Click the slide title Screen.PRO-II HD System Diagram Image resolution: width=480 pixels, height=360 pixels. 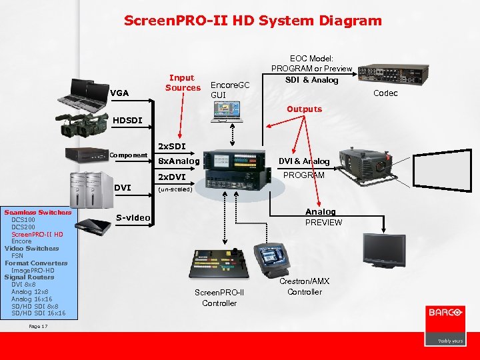(253, 21)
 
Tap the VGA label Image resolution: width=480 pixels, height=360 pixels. (119, 93)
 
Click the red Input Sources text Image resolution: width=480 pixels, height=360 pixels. (183, 83)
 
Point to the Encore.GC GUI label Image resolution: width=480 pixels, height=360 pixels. (229, 90)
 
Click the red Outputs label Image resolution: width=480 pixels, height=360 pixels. (304, 109)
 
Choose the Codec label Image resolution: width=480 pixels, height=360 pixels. (385, 93)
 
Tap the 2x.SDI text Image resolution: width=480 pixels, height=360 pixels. (171, 145)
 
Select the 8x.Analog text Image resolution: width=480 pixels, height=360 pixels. (177, 161)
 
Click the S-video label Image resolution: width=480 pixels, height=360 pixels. (133, 217)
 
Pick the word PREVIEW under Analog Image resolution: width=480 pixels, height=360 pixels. (323, 223)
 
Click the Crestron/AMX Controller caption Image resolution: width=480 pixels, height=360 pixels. (305, 287)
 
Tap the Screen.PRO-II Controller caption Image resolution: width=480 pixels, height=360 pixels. (219, 298)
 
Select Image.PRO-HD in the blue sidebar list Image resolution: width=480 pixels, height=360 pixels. (33, 271)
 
